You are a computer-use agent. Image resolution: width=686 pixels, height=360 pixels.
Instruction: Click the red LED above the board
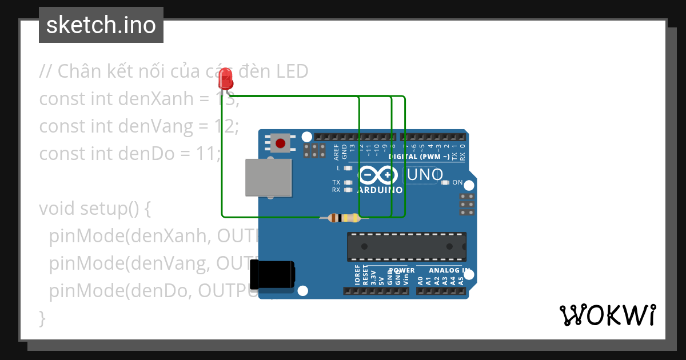click(226, 78)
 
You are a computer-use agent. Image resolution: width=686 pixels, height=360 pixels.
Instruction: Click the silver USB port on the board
click(268, 177)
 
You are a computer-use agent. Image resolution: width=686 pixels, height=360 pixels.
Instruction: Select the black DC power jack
click(273, 274)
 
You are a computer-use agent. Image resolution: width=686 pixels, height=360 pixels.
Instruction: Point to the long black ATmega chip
click(406, 246)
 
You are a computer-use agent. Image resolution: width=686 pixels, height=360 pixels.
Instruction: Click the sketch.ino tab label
click(101, 25)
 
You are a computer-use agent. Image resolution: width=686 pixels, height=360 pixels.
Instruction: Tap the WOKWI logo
click(607, 315)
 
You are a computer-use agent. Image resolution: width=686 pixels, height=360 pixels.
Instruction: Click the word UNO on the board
click(424, 174)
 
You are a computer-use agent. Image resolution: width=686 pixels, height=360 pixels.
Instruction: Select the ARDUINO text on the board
click(380, 190)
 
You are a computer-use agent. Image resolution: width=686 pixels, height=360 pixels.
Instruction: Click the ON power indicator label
click(457, 182)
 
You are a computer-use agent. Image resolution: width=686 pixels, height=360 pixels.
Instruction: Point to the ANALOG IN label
click(449, 270)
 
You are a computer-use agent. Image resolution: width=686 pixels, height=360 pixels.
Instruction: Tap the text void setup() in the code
click(94, 209)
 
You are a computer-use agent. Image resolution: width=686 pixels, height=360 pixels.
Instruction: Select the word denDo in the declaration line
click(146, 154)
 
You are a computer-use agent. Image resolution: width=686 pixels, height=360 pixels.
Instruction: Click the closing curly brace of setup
click(42, 317)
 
